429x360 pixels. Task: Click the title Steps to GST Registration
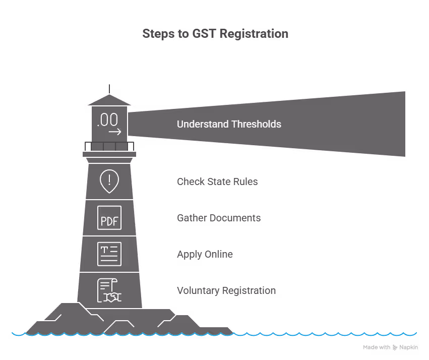(215, 34)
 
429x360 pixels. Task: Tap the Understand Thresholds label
(229, 124)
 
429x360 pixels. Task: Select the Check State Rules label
(217, 182)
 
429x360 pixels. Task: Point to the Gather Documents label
(219, 218)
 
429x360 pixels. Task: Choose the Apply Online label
(205, 254)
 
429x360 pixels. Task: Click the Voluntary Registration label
(226, 290)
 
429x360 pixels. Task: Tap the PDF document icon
(109, 218)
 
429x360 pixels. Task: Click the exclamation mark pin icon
(109, 182)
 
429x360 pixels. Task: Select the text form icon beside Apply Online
(109, 254)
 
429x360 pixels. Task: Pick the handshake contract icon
(109, 291)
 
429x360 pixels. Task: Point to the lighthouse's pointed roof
(109, 100)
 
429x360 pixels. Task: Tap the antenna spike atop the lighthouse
(109, 89)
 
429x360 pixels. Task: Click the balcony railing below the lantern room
(109, 146)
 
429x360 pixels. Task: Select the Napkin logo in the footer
(406, 347)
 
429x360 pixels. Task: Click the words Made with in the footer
(377, 347)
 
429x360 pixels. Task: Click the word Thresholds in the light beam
(256, 124)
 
